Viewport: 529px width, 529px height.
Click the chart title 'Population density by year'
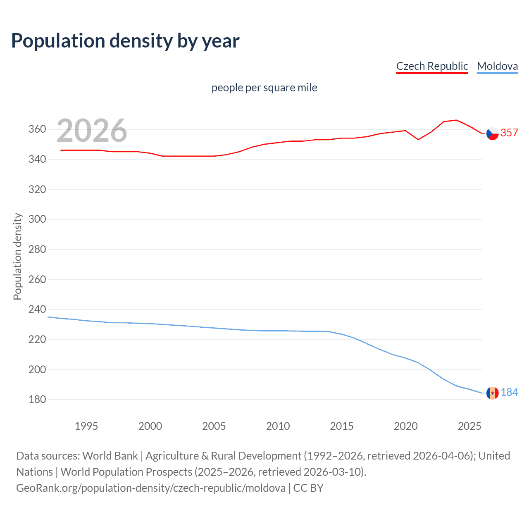pos(125,41)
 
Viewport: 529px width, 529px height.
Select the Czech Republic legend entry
pos(432,66)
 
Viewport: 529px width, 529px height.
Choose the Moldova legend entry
pos(497,66)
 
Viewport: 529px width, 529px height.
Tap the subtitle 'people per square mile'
pos(264,88)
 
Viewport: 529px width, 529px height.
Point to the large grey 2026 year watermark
pos(92,131)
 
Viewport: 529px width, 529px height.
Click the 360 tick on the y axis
pos(37,129)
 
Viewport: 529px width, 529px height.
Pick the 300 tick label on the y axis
pos(37,219)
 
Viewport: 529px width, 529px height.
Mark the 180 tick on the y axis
pos(37,400)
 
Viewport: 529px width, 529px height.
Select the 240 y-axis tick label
pos(37,310)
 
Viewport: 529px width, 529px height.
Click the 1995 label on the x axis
pos(86,426)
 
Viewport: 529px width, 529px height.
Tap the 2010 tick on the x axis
pos(278,426)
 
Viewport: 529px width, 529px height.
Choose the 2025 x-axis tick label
pos(469,426)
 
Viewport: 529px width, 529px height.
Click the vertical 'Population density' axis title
pos(17,256)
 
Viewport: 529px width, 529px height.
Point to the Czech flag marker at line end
pos(492,133)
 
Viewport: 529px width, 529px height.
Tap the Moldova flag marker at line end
pos(492,393)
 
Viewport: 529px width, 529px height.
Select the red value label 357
pos(509,133)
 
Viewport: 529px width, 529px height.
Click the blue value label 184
pos(509,392)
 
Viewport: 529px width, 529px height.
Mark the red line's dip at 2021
pos(418,139)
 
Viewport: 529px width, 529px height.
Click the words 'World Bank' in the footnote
pos(110,456)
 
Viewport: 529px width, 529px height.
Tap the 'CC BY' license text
pos(308,488)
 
